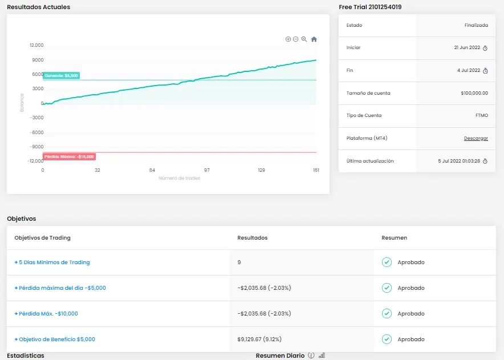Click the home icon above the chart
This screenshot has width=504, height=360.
314,39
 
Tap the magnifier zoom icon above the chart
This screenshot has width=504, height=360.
304,39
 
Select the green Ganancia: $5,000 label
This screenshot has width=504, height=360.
61,75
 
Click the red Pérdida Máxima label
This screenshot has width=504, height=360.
69,156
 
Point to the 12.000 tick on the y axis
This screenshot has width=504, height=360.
36,45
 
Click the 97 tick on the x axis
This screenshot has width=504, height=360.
207,170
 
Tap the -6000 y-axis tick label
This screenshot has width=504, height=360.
36,132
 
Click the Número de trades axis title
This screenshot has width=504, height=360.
180,178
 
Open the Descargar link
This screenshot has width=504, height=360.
475,138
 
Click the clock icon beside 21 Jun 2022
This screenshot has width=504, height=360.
485,48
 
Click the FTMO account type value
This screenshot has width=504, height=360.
481,115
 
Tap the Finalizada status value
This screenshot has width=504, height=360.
476,26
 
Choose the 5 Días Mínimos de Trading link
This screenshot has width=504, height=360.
52,262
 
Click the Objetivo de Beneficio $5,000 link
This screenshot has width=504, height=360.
55,339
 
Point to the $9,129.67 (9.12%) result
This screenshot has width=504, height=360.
264,339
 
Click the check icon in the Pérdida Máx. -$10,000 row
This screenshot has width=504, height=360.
387,314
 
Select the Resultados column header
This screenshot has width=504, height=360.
252,238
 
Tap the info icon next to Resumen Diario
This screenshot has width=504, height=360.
311,355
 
